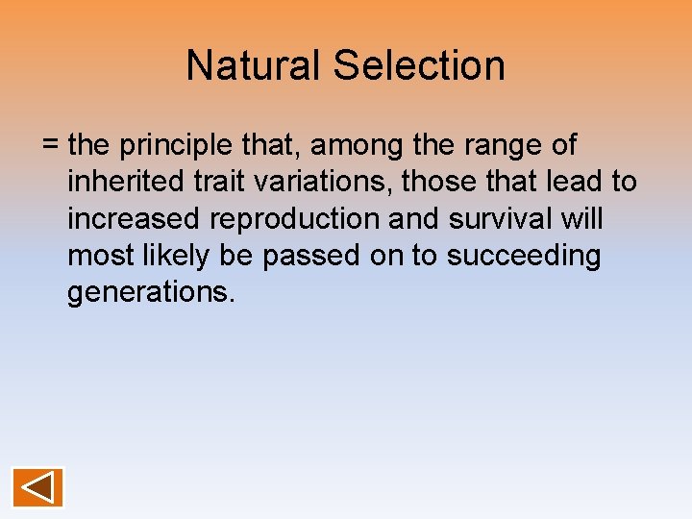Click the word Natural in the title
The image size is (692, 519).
pos(253,65)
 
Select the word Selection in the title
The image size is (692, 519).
pos(419,65)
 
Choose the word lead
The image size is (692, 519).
pos(578,183)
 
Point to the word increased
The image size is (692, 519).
pos(134,219)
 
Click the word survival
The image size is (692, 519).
pos(501,219)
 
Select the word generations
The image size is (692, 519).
pos(151,292)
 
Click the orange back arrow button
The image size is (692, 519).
pos(38,487)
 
